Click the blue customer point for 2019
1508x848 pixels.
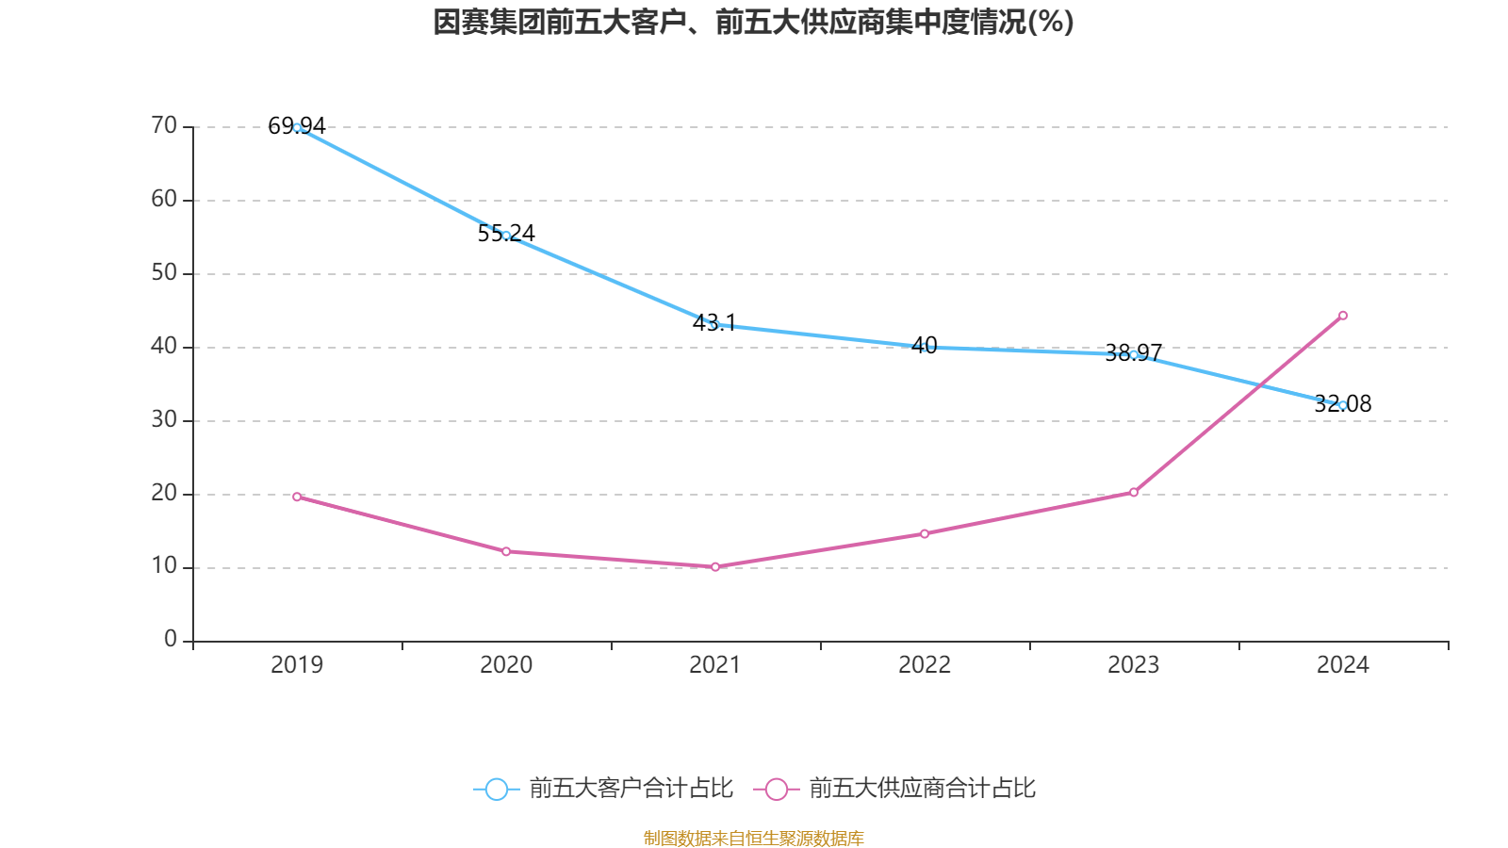click(x=297, y=127)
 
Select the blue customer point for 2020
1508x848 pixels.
click(x=506, y=236)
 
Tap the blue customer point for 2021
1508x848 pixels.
click(x=715, y=325)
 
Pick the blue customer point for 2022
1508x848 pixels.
click(x=925, y=348)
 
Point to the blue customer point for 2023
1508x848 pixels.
click(x=1134, y=355)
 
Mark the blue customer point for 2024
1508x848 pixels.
click(x=1343, y=405)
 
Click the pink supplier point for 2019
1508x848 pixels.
click(x=297, y=497)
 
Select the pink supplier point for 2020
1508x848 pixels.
click(x=506, y=551)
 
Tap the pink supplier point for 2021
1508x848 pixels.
click(x=715, y=567)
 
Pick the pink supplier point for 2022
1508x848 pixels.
click(x=925, y=533)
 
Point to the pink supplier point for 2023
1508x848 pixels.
click(x=1134, y=492)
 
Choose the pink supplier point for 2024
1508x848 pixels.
click(x=1343, y=316)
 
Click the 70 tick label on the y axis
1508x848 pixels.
click(x=164, y=125)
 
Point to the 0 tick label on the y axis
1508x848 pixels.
click(x=171, y=639)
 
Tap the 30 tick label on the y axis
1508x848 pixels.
click(x=164, y=419)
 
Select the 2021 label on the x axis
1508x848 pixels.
click(x=715, y=665)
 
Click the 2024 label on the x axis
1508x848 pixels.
click(x=1343, y=665)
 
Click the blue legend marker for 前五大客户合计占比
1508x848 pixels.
click(x=496, y=789)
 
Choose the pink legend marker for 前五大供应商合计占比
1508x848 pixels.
click(x=776, y=789)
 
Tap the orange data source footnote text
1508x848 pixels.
click(x=754, y=838)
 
